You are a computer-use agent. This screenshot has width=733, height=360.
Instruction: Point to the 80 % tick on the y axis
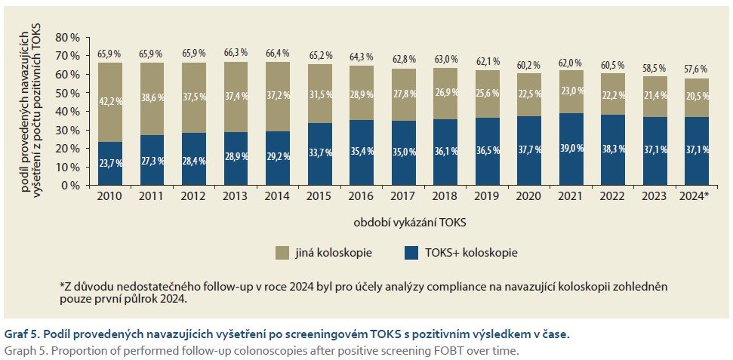click(x=67, y=38)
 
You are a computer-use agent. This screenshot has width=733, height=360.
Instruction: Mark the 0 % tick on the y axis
click(x=70, y=185)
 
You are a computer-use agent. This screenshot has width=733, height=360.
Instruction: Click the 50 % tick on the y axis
click(x=67, y=93)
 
